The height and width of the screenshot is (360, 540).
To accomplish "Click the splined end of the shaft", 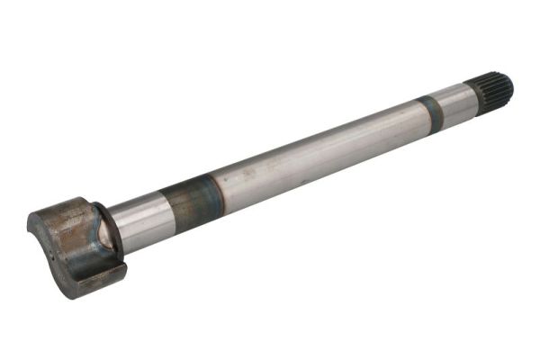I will click(491, 90).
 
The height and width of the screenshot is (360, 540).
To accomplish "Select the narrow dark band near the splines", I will click(433, 112).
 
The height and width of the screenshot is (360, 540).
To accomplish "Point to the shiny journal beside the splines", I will click(454, 103).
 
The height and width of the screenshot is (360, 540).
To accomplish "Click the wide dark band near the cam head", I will click(189, 202).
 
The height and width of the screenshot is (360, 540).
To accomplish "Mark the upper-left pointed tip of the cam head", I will click(31, 217).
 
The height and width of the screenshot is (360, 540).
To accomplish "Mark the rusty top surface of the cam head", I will click(63, 210).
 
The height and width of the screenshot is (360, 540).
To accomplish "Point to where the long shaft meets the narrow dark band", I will click(423, 116).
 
